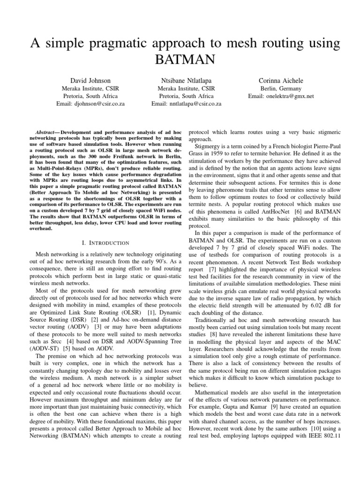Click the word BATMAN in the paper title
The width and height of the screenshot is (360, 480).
tap(180, 60)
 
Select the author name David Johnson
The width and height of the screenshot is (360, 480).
tap(90, 81)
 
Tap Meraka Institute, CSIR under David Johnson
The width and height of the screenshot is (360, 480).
tap(90, 89)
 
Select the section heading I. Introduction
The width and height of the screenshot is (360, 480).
tap(105, 242)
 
